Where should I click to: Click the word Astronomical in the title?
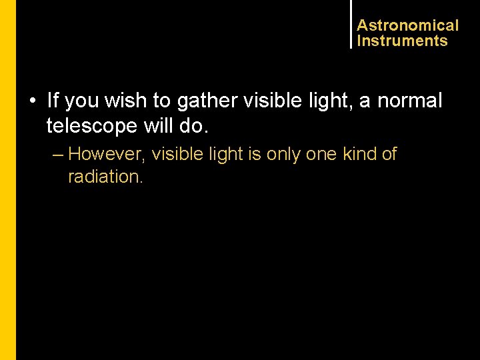pos(407,25)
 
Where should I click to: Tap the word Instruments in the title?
pos(402,41)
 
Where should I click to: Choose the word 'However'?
pos(106,154)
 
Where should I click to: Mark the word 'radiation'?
pos(105,177)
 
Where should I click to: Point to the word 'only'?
pos(283,154)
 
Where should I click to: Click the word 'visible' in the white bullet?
pos(269,101)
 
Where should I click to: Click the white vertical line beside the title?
pos(350,24)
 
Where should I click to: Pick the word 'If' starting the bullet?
pos(53,101)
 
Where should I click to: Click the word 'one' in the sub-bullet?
pos(321,154)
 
